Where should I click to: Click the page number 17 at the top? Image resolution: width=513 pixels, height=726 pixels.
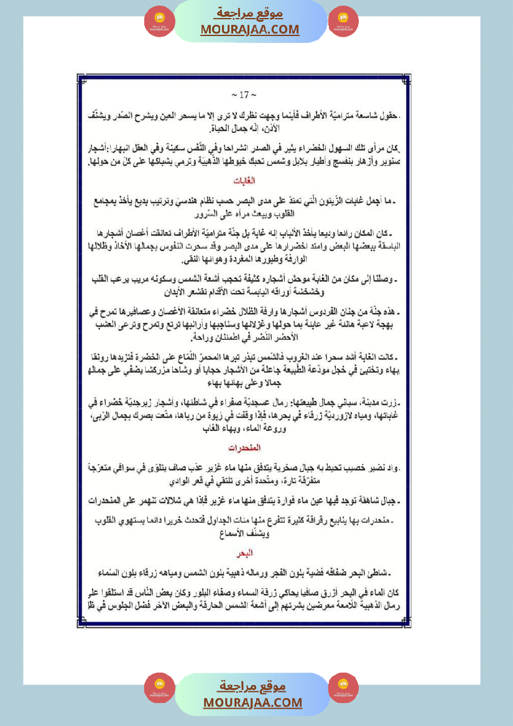[239, 95]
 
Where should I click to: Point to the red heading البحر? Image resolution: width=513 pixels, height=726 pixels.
[247, 551]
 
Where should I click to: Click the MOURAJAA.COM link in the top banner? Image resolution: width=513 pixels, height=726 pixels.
[249, 29]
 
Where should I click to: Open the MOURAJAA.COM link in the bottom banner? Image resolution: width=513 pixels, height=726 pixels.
[252, 702]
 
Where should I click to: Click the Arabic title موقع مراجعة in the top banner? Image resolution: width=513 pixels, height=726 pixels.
[249, 13]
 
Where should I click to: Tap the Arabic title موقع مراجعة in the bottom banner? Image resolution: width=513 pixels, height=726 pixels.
[252, 686]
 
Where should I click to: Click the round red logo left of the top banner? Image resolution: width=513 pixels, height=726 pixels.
[159, 21]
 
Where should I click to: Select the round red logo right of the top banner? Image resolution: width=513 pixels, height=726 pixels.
[343, 21]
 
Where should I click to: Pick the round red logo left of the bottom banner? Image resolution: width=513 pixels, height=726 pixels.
[159, 688]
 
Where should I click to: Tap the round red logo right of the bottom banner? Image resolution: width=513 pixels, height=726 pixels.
[343, 688]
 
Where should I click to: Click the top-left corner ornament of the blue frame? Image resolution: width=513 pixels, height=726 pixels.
[80, 78]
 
